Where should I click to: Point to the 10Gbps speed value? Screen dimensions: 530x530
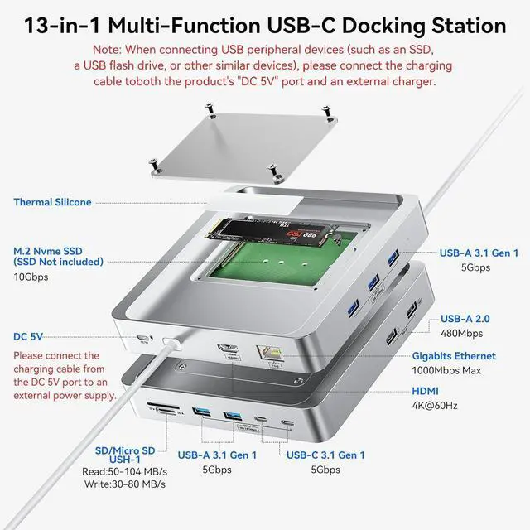(x=31, y=277)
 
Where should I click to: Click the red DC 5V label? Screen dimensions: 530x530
(x=29, y=337)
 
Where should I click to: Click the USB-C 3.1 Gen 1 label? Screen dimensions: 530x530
(x=325, y=455)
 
